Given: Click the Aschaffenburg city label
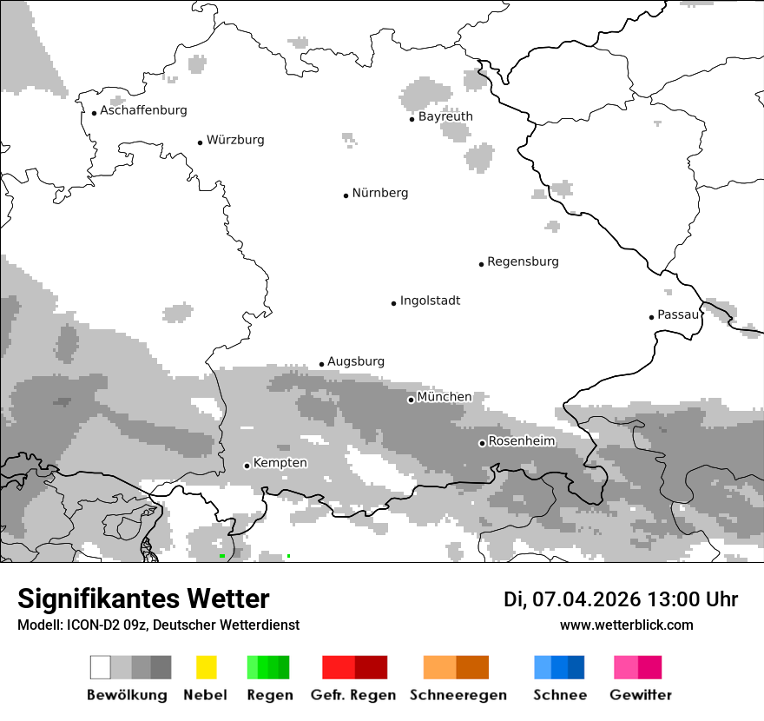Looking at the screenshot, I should [143, 110].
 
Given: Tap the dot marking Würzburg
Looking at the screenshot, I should [200, 142].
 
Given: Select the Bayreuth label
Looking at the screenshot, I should [445, 116].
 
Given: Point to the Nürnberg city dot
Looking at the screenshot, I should [346, 195].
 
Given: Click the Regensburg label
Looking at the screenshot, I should [523, 261].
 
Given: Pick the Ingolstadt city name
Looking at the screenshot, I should [430, 301].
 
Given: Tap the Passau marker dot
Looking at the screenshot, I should [651, 317].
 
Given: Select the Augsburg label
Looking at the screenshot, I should [355, 361].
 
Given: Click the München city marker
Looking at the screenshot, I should [411, 400].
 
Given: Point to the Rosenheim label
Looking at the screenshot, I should [521, 441].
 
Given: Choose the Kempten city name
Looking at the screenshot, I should [280, 463].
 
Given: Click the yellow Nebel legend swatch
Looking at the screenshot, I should [206, 667].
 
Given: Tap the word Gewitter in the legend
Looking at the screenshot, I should [641, 695].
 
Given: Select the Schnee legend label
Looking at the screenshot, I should [560, 695].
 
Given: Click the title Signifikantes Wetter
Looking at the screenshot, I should [143, 599].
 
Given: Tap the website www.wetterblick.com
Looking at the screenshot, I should [627, 625].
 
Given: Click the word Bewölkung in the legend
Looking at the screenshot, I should [127, 695].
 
